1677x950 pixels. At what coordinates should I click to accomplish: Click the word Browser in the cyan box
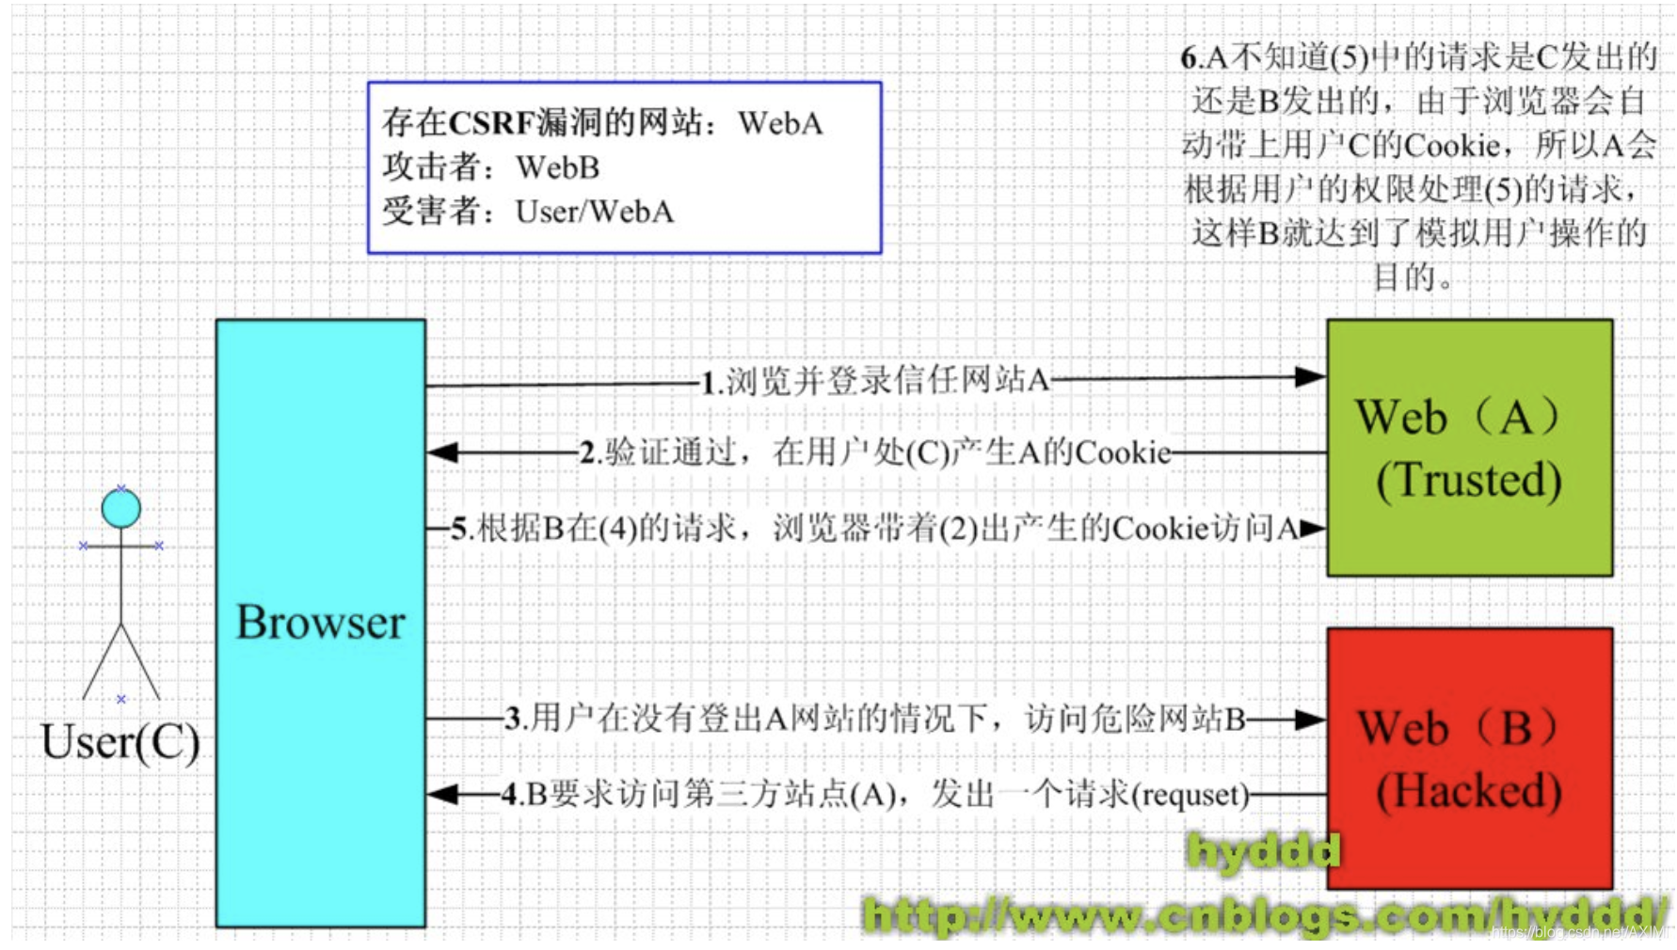tap(320, 622)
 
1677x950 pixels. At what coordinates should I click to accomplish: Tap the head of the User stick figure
tap(121, 509)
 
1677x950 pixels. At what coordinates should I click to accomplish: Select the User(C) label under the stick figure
tap(120, 742)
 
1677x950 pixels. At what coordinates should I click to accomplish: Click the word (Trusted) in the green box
tap(1469, 480)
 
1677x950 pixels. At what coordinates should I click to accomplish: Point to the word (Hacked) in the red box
tap(1469, 790)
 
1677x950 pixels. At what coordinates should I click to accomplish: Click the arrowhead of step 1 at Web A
tap(1311, 377)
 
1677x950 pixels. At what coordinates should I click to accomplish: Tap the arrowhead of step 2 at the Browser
tap(442, 452)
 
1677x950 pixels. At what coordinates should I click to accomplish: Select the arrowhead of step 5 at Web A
tap(1313, 529)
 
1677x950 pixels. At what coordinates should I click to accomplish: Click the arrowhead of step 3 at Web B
tap(1311, 720)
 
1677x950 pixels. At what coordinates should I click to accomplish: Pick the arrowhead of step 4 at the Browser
tap(442, 795)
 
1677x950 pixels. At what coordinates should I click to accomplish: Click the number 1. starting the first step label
tap(712, 382)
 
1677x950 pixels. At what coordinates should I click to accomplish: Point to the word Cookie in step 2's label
tap(1123, 452)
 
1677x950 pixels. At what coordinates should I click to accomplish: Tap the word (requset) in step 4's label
tap(1190, 796)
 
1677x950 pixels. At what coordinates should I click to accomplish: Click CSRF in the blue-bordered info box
tap(492, 122)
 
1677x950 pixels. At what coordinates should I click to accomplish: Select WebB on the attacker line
tap(558, 167)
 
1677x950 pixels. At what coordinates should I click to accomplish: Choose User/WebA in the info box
tap(595, 212)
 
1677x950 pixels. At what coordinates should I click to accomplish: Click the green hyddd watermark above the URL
tap(1264, 851)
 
